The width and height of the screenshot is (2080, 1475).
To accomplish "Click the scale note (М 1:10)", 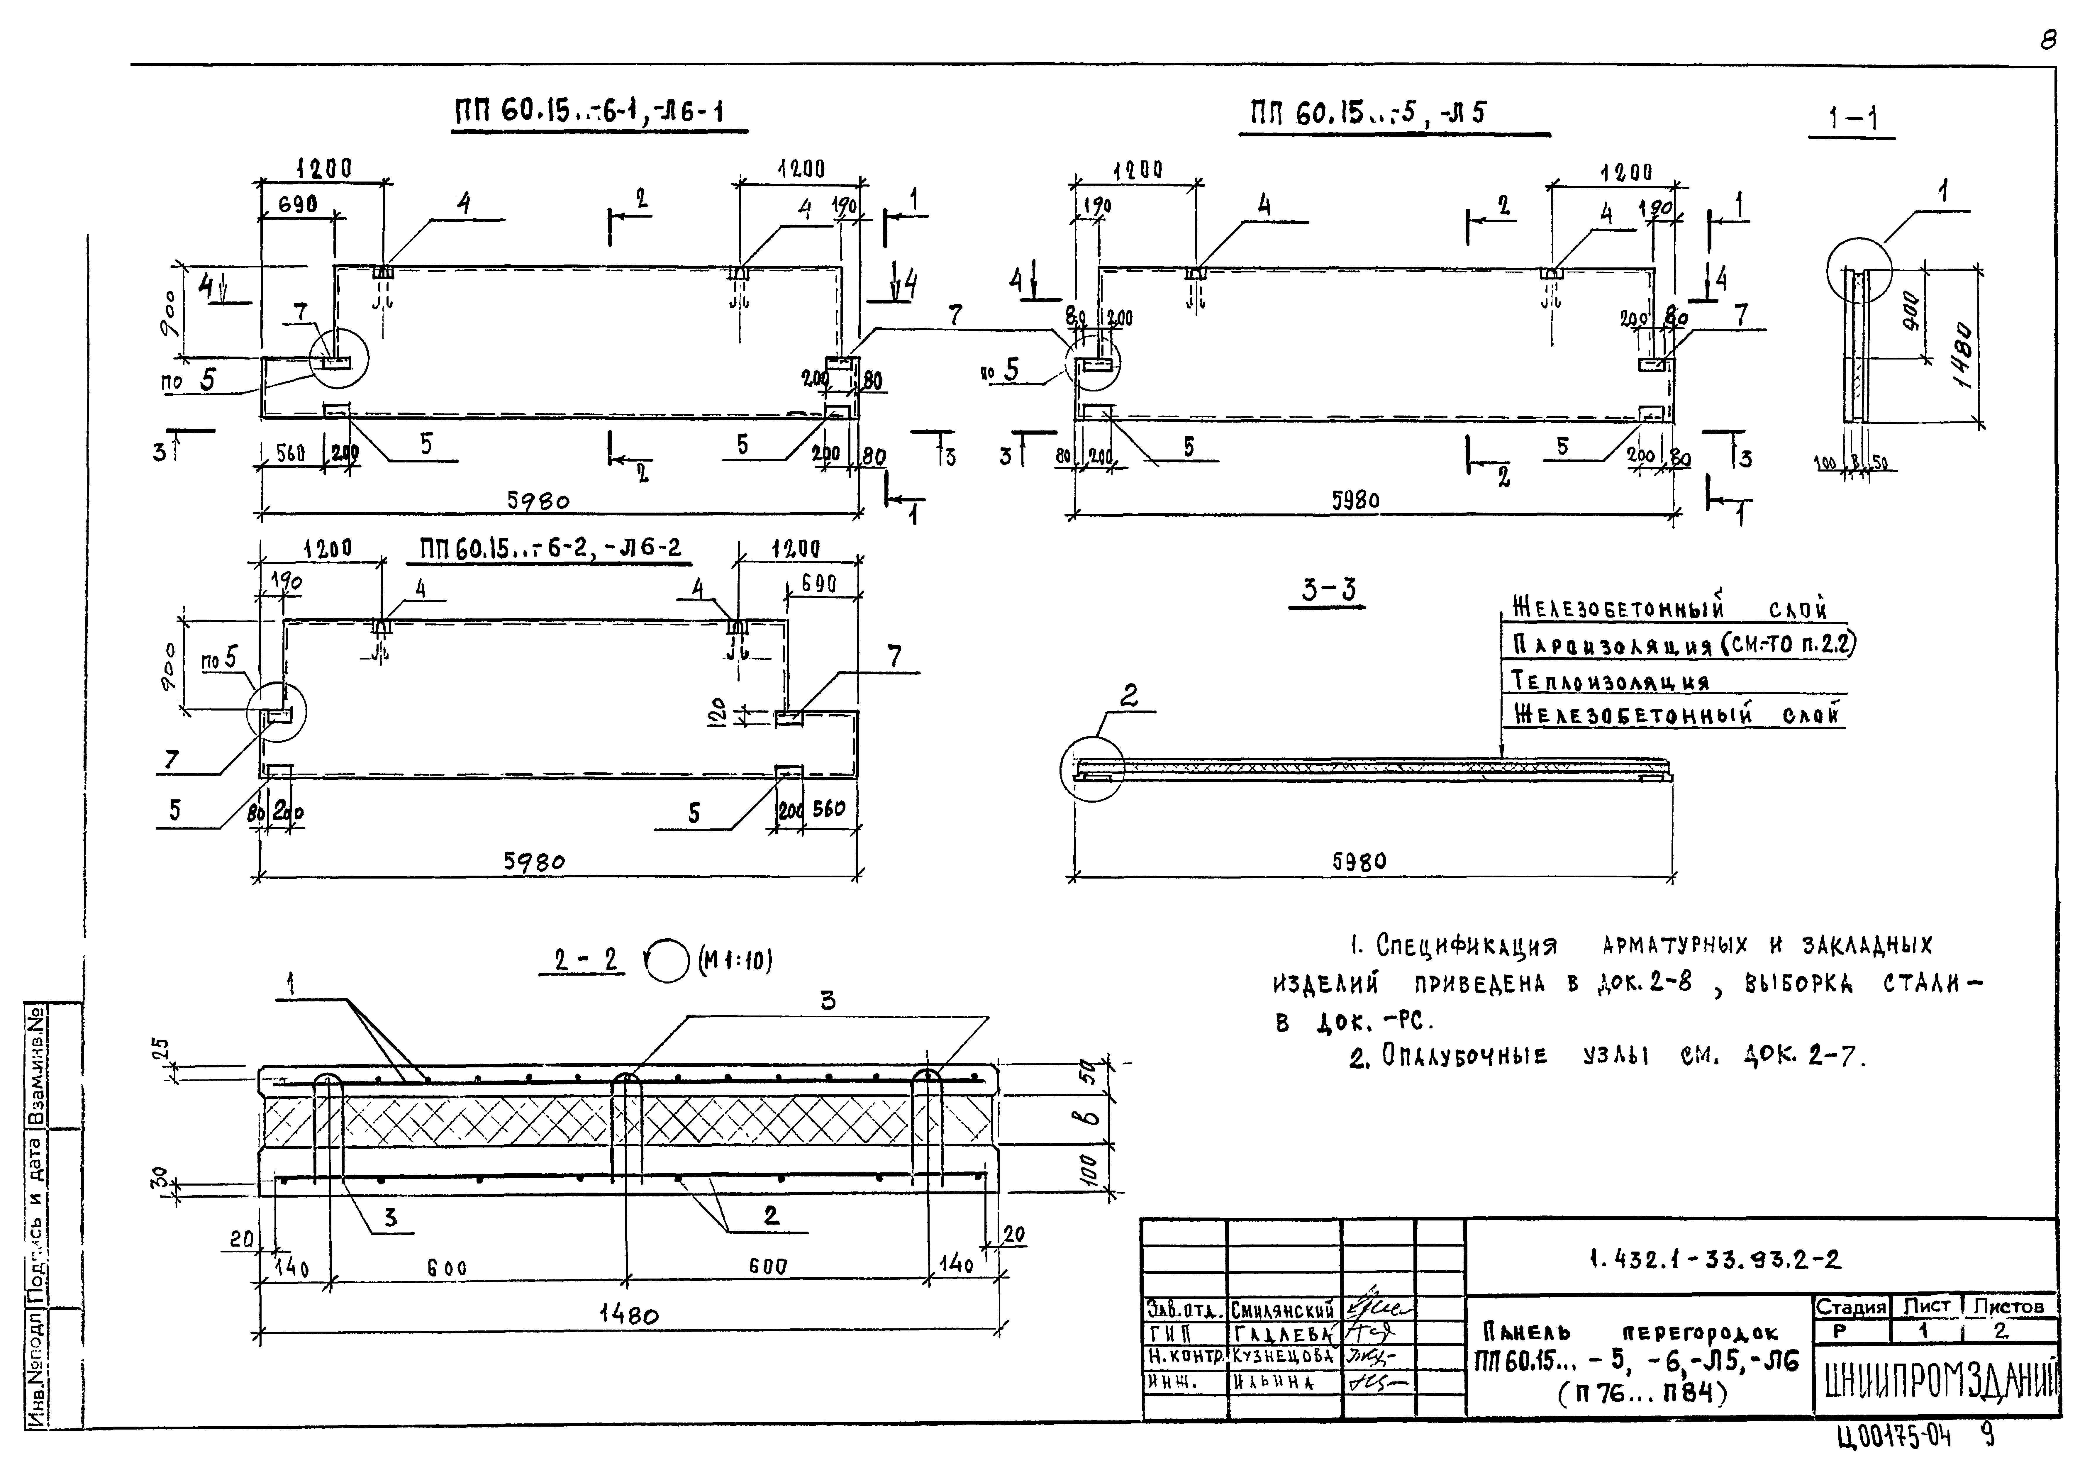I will point(736,960).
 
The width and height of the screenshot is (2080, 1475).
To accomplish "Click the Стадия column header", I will point(1850,1307).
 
